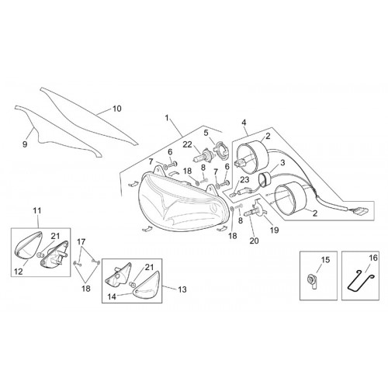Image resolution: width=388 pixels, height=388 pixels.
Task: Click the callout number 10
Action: click(117, 109)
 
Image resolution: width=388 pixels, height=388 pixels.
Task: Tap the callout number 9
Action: click(25, 144)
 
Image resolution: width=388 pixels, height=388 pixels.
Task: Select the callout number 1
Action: click(167, 118)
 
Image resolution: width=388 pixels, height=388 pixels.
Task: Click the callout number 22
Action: click(188, 144)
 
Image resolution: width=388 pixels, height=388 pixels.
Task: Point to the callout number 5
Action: click(206, 133)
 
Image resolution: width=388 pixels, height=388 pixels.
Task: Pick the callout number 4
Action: click(244, 121)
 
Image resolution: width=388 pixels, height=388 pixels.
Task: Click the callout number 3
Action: click(282, 163)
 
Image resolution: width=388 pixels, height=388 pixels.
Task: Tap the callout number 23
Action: click(244, 179)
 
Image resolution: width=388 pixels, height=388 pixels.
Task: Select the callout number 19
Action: click(275, 230)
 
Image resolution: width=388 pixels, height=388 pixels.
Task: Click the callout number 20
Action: click(254, 241)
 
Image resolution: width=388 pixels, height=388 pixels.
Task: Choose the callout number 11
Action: click(37, 211)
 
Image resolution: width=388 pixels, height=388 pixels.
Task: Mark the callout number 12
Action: click(19, 272)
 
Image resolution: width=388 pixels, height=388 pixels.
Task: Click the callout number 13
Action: click(182, 289)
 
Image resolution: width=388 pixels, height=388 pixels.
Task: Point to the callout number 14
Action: click(112, 296)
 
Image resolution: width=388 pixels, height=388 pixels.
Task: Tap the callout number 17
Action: click(81, 242)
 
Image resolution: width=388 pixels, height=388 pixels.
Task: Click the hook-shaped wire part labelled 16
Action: click(360, 280)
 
